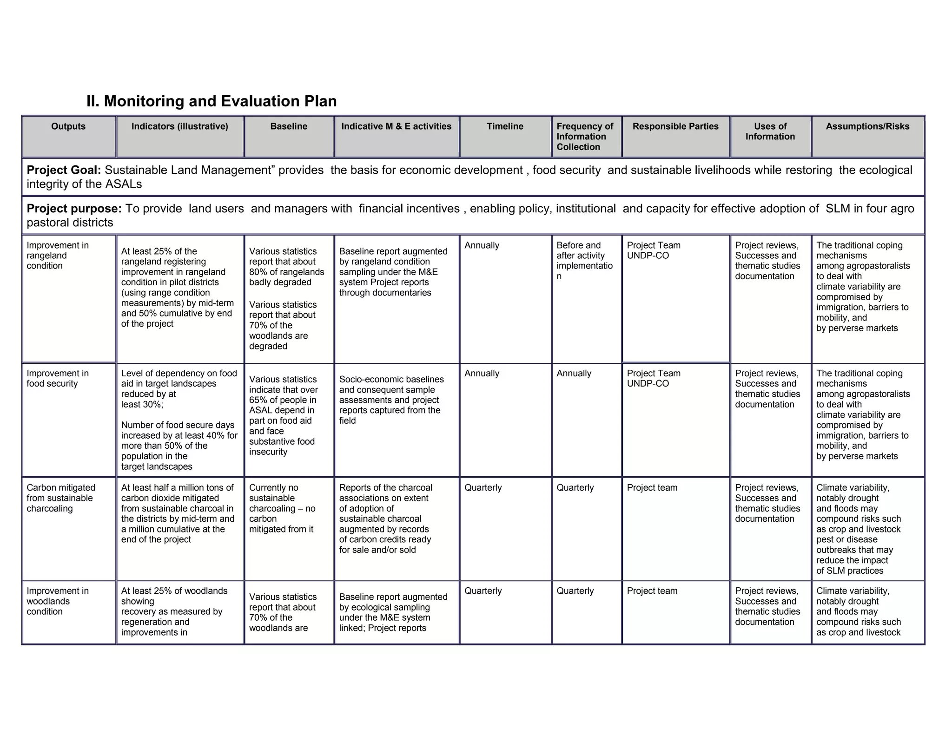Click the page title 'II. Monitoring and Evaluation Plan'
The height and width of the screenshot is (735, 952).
point(212,101)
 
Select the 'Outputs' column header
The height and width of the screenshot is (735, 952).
point(68,126)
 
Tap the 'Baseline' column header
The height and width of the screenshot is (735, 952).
point(289,126)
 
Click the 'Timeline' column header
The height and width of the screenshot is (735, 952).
point(505,126)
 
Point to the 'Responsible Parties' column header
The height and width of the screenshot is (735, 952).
point(675,126)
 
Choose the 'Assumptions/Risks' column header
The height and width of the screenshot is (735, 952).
point(867,126)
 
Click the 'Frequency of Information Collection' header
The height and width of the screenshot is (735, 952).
point(585,137)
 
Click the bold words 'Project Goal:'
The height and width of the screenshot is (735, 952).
point(64,170)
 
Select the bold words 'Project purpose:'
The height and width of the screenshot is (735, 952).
point(74,209)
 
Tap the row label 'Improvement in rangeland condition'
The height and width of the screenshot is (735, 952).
point(57,256)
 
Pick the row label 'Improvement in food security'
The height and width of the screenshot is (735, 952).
point(57,378)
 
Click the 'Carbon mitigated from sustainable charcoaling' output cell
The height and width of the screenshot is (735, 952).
point(60,498)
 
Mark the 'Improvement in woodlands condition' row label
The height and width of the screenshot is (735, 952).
point(57,601)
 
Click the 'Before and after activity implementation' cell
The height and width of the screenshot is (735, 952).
point(584,261)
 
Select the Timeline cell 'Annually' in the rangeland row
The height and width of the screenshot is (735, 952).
point(482,245)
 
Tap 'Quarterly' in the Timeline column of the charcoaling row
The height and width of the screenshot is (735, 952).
point(483,488)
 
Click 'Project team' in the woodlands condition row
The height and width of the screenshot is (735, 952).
point(652,591)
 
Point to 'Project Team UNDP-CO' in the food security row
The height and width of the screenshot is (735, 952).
point(653,378)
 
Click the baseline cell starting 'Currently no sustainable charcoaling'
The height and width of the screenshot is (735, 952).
point(282,508)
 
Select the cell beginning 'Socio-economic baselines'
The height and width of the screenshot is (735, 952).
point(391,400)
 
